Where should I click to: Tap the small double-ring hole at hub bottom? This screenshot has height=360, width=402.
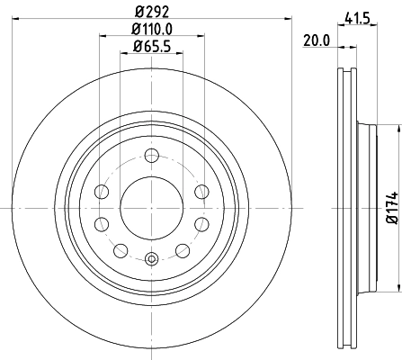coord(151,259)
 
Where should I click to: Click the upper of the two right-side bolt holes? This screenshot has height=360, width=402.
coord(200,192)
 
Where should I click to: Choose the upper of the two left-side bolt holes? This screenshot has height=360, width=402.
coord(103,192)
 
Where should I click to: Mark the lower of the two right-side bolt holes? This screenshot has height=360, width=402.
coord(200,222)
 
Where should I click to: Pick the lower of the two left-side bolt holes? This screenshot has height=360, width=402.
coord(103,222)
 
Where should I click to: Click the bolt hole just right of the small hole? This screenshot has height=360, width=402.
coord(182,249)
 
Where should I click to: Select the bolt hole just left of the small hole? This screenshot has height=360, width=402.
coord(121,249)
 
